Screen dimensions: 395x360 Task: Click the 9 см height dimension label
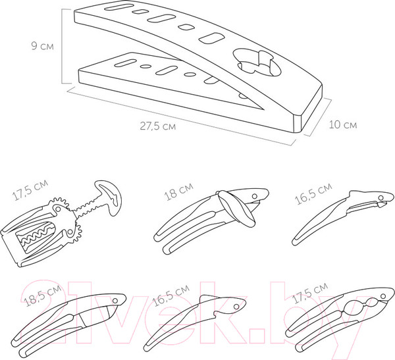click(x=43, y=46)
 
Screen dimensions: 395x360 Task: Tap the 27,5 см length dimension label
click(x=158, y=126)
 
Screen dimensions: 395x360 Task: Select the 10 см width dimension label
click(x=343, y=124)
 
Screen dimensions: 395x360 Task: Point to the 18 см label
click(x=179, y=192)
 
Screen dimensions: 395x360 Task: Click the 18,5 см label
click(x=42, y=296)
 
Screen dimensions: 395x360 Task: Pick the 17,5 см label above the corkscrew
click(x=30, y=190)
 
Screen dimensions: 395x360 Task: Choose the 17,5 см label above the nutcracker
click(x=310, y=293)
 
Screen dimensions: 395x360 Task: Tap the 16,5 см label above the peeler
click(x=313, y=193)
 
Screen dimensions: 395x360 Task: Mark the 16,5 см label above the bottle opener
click(x=171, y=296)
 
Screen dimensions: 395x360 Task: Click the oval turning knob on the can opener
click(x=236, y=209)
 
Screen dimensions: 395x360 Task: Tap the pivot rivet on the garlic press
click(x=115, y=301)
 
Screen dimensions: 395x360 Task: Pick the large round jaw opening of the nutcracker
click(x=355, y=307)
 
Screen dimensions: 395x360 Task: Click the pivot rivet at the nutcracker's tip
click(x=383, y=296)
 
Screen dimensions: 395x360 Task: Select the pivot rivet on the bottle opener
click(x=236, y=307)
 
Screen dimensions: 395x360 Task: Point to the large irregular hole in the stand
click(x=258, y=63)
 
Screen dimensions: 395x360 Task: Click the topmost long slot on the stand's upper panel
click(x=118, y=7)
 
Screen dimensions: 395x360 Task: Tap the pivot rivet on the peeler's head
click(x=381, y=197)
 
